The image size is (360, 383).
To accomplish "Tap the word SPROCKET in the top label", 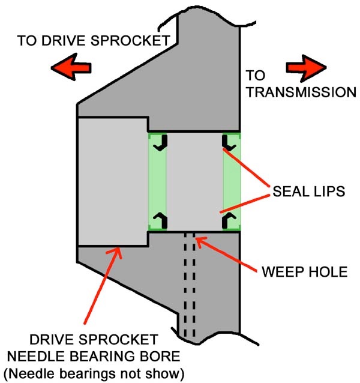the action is click(x=130, y=41).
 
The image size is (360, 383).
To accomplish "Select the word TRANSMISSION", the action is click(x=301, y=92).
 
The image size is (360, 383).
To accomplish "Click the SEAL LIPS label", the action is click(x=309, y=191).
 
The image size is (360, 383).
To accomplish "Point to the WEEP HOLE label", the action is click(x=305, y=271).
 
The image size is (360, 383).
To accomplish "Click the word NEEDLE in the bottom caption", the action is click(x=37, y=356).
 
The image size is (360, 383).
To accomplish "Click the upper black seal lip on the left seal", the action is click(x=161, y=143).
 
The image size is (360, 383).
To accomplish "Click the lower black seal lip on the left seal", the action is click(x=161, y=220).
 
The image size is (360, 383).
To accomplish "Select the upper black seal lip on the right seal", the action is click(x=228, y=143).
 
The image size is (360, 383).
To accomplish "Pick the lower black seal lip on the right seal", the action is click(x=228, y=220).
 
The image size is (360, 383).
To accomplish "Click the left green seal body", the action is click(x=157, y=182).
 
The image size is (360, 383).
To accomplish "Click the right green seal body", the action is click(x=232, y=182).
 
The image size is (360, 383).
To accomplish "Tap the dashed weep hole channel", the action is click(x=190, y=285).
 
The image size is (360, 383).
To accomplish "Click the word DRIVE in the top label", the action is click(x=64, y=41).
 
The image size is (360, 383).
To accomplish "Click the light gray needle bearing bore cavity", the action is click(x=113, y=182).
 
